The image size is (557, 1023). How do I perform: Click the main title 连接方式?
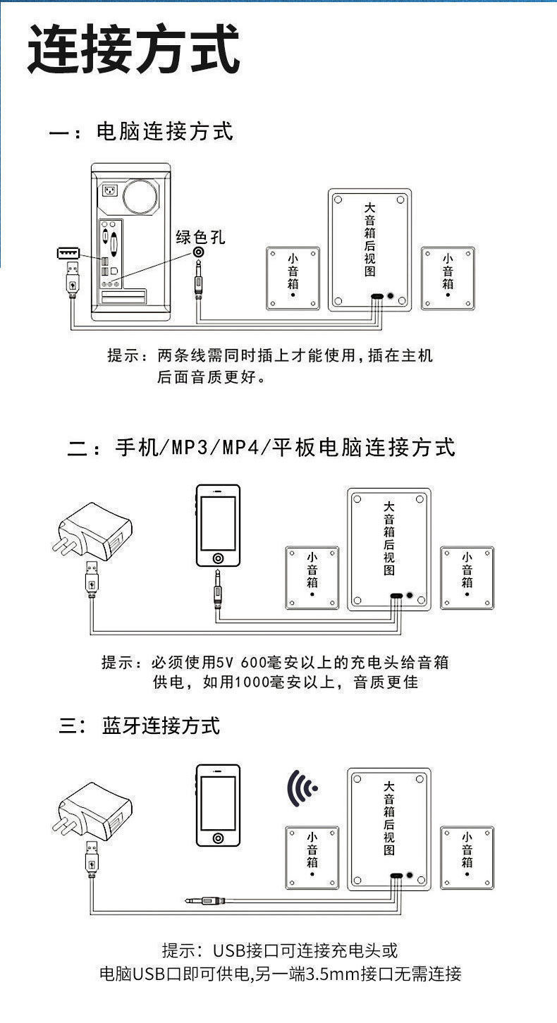134,49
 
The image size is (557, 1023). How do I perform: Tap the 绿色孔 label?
201,237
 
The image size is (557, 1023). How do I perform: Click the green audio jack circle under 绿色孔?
199,252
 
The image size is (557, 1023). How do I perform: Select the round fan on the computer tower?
140,197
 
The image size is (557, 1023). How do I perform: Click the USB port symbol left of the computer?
68,252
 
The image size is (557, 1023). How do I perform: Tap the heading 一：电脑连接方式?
141,132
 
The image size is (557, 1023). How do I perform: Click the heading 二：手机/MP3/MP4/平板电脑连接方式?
261,447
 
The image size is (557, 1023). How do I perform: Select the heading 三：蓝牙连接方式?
140,725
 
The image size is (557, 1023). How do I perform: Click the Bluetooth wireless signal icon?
301,788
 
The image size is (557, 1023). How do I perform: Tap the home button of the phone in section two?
219,558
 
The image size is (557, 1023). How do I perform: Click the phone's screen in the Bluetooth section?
219,803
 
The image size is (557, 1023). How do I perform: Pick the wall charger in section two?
93,532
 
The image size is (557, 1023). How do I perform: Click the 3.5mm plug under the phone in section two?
219,589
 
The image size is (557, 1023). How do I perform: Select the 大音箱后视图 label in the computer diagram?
370,239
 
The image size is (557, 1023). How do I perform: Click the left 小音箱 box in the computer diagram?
293,278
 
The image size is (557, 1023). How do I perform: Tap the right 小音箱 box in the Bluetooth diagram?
467,858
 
